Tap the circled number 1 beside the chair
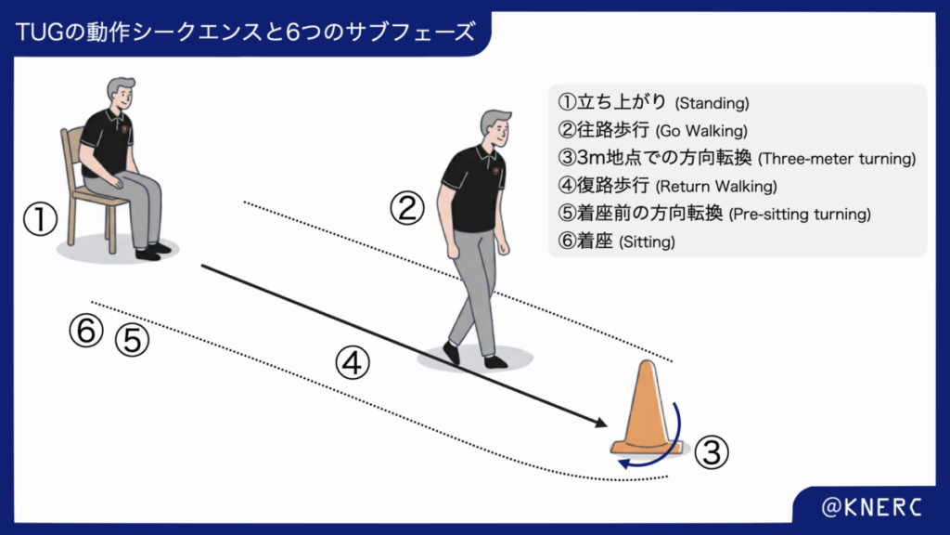click(41, 219)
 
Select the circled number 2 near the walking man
click(406, 208)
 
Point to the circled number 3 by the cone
click(712, 452)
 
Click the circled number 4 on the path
click(353, 363)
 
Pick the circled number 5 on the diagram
click(132, 339)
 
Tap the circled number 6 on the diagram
click(86, 331)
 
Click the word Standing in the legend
click(712, 104)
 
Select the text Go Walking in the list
click(701, 131)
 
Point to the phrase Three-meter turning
click(838, 159)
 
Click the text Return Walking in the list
click(716, 187)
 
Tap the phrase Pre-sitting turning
click(800, 215)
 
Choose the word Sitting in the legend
click(647, 242)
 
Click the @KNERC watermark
click(871, 507)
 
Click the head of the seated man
click(122, 93)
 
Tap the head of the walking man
click(496, 128)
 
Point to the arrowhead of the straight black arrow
click(601, 423)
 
